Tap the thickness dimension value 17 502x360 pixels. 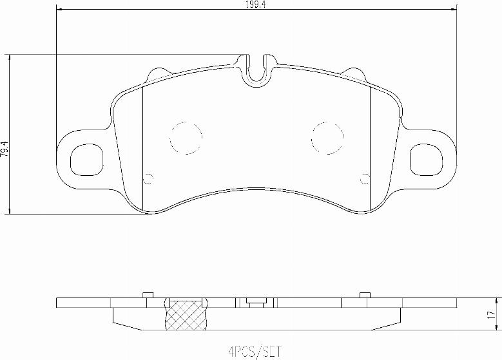pyautogui.click(x=492, y=315)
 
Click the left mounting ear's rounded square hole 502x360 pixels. pyautogui.click(x=85, y=159)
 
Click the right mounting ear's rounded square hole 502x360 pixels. pyautogui.click(x=428, y=159)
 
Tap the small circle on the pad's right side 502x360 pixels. pyautogui.click(x=365, y=179)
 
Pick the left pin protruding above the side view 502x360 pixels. pyautogui.click(x=147, y=295)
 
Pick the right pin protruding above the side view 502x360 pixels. pyautogui.click(x=365, y=295)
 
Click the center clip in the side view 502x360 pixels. pyautogui.click(x=255, y=301)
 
